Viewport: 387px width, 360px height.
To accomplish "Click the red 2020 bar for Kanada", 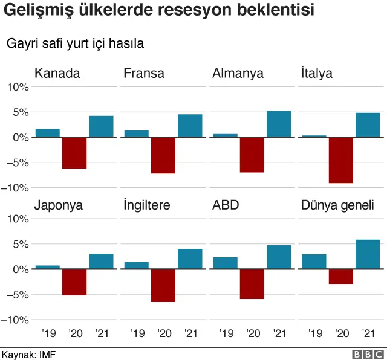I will pyautogui.click(x=74, y=153).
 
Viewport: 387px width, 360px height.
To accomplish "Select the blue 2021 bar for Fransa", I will pyautogui.click(x=190, y=126).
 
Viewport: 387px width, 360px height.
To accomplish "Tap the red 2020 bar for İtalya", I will pyautogui.click(x=341, y=160).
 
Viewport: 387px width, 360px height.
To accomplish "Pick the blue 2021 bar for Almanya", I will pyautogui.click(x=279, y=124).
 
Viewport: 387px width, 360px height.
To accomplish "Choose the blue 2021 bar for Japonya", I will pyautogui.click(x=101, y=262).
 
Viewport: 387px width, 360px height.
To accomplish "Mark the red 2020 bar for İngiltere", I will pyautogui.click(x=163, y=285).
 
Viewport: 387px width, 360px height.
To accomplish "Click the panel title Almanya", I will pyautogui.click(x=238, y=74).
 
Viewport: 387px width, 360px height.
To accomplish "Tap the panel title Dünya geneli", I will pyautogui.click(x=337, y=205).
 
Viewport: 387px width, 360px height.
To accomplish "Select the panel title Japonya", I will pyautogui.click(x=59, y=205).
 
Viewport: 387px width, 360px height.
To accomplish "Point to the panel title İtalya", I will pyautogui.click(x=316, y=74).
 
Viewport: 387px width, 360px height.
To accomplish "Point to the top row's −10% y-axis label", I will pyautogui.click(x=16, y=188).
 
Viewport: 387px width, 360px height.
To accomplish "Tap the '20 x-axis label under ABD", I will pyautogui.click(x=253, y=333).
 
